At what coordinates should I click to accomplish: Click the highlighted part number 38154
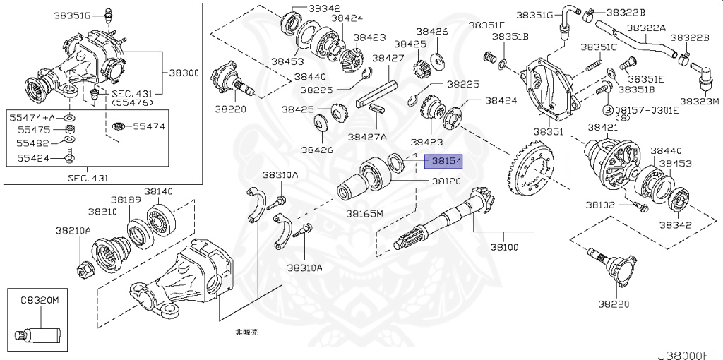[443, 162]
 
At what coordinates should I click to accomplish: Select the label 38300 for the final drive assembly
[184, 73]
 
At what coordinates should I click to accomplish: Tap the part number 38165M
[364, 213]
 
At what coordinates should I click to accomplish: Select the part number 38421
[603, 127]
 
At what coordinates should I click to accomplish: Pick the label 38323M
[699, 102]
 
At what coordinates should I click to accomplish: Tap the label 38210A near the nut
[73, 230]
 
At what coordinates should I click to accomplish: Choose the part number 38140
[159, 191]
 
